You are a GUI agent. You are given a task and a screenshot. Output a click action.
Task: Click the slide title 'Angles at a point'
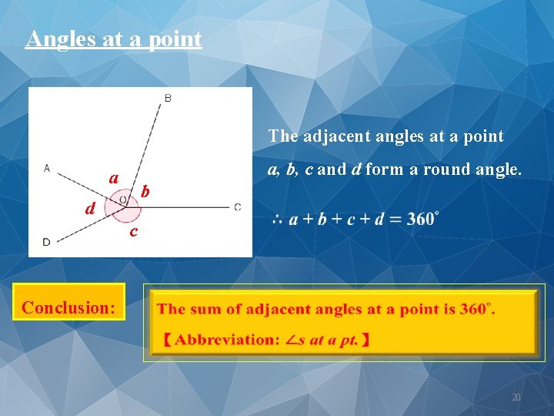113,39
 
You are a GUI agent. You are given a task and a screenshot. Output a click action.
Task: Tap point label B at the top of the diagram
169,98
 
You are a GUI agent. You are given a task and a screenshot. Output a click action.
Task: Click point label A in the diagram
47,168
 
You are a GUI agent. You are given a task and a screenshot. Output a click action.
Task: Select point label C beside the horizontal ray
238,206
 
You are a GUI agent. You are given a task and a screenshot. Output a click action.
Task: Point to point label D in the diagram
46,242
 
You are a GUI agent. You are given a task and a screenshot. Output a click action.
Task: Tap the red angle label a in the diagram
114,178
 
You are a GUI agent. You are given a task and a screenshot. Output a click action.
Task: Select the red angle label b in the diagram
146,191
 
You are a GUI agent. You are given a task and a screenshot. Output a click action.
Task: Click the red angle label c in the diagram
133,231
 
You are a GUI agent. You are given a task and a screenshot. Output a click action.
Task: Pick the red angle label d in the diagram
91,208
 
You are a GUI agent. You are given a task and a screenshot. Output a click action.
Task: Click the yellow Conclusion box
69,307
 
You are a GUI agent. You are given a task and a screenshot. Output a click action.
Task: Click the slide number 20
516,398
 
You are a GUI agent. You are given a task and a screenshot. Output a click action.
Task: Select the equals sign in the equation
396,220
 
